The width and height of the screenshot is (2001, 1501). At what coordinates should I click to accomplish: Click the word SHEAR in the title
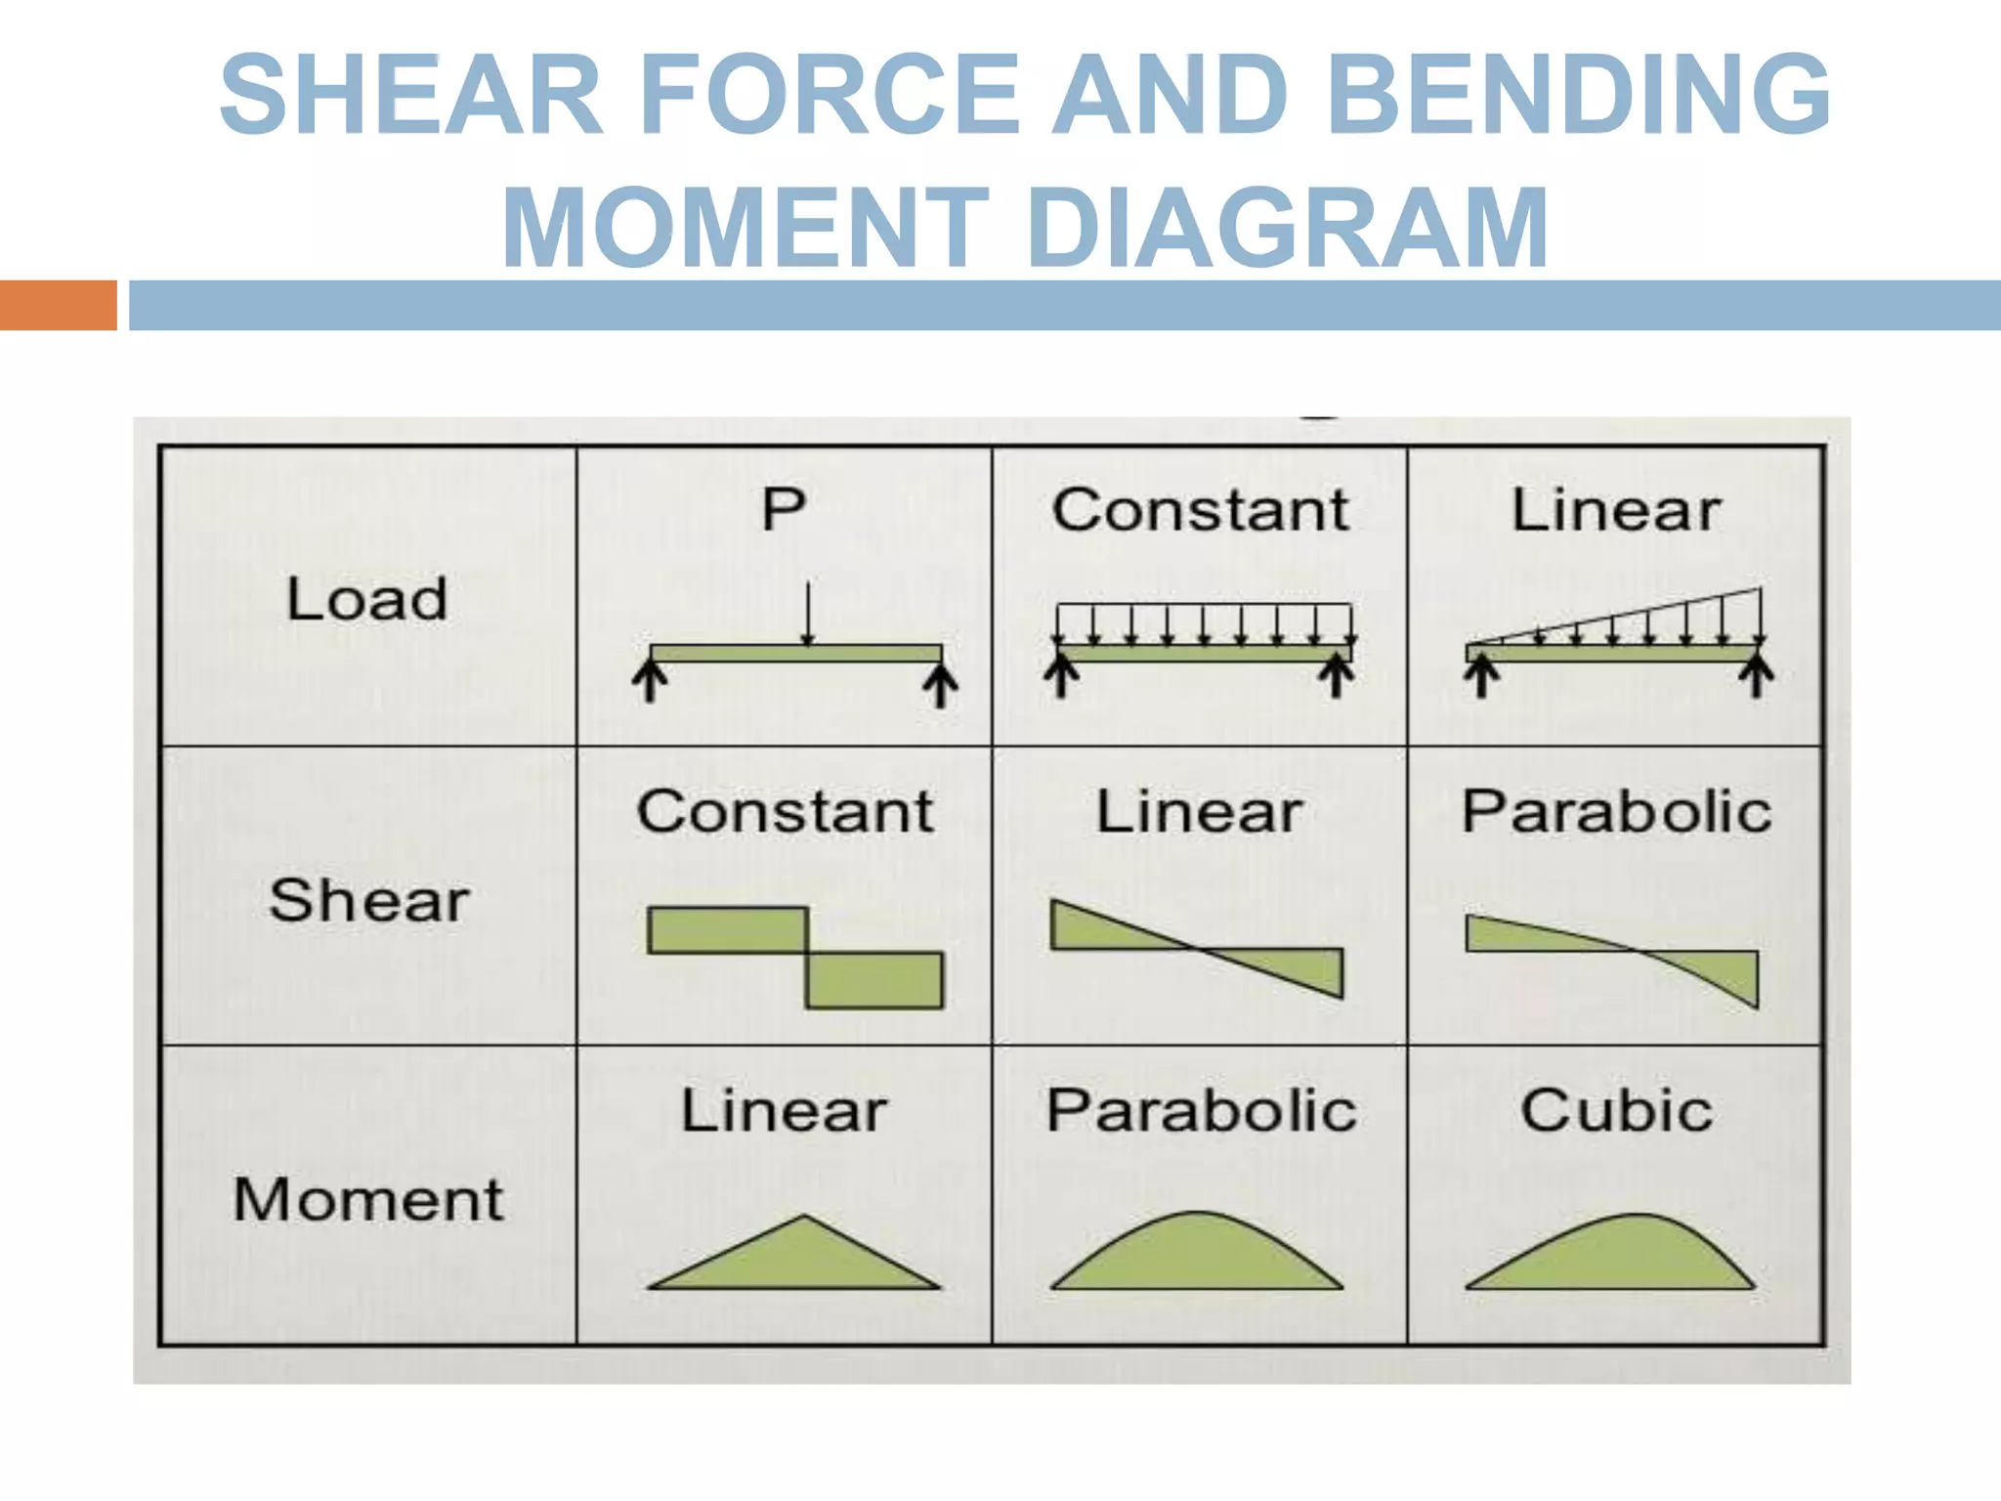click(410, 95)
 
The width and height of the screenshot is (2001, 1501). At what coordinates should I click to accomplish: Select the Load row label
click(367, 598)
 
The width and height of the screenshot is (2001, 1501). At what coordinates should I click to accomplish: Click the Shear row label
click(369, 900)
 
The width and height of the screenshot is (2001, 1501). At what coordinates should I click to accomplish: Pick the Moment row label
click(368, 1199)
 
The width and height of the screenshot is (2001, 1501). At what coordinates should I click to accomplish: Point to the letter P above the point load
click(784, 509)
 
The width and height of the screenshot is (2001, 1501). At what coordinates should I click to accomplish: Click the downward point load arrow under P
click(807, 614)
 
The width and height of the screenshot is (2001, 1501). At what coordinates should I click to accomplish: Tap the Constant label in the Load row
click(1200, 510)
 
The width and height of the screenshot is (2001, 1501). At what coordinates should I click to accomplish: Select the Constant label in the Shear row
click(785, 811)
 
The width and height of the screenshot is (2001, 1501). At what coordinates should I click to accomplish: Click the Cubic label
click(1616, 1111)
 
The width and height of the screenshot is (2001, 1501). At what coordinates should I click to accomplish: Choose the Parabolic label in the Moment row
click(1201, 1111)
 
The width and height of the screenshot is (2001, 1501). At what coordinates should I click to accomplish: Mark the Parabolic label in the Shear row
click(1616, 811)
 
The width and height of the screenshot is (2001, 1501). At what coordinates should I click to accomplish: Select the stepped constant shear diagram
click(793, 957)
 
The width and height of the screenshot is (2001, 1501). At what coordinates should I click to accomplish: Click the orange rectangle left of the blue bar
click(58, 305)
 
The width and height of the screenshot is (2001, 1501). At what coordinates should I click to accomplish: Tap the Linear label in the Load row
click(1616, 510)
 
